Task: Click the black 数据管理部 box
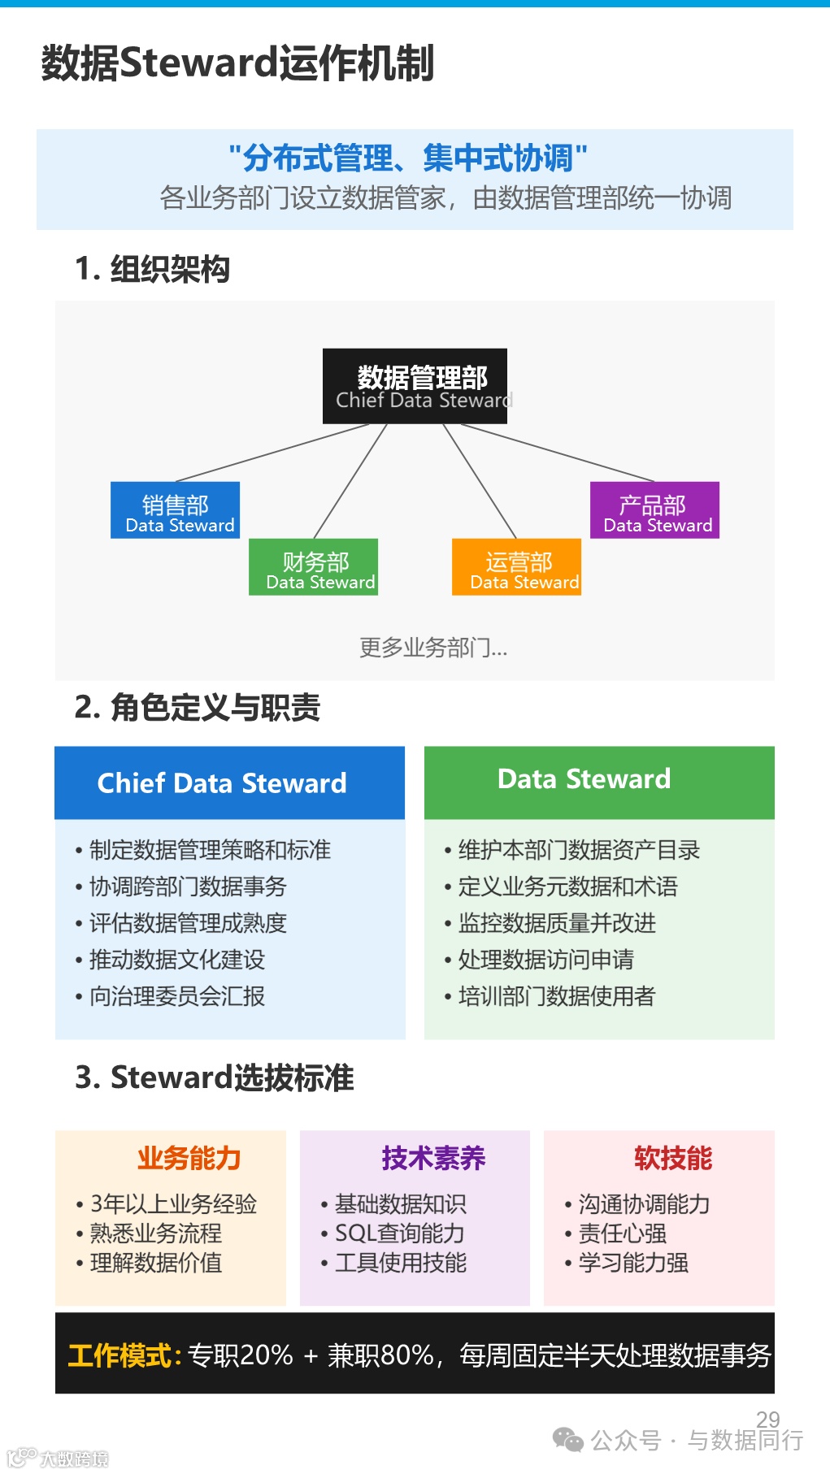[x=415, y=386]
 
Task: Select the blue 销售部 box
[x=175, y=510]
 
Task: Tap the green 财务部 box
[x=313, y=567]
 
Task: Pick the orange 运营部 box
[x=516, y=567]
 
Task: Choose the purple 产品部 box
[x=654, y=510]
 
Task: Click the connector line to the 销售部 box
[x=272, y=453]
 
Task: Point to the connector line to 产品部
[x=557, y=453]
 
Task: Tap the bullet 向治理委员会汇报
[x=176, y=996]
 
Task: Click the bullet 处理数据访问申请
[x=545, y=960]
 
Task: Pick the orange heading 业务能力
[x=189, y=1158]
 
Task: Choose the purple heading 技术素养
[x=433, y=1158]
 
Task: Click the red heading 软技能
[x=673, y=1158]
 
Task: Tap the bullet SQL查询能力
[x=399, y=1233]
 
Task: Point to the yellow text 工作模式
[x=120, y=1355]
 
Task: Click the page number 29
[x=767, y=1419]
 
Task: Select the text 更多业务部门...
[x=432, y=648]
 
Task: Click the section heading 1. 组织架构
[x=152, y=269]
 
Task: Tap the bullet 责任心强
[x=622, y=1233]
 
